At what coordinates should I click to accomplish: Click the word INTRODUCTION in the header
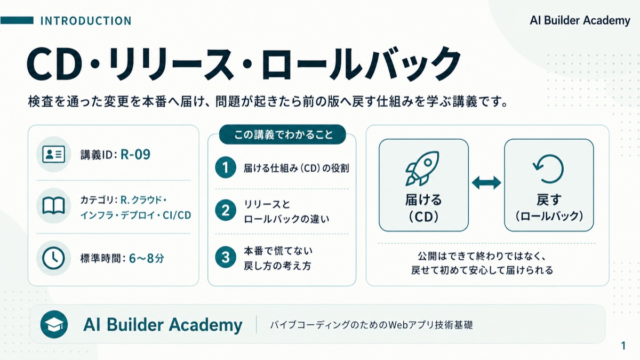86,21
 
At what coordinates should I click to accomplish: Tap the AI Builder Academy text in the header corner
580,21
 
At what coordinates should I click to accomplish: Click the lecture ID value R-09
135,155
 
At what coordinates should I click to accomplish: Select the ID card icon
53,154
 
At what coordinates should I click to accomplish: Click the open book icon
53,206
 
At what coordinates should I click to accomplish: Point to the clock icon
53,258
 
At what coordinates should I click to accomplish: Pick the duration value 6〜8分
147,258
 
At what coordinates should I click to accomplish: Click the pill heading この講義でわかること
283,134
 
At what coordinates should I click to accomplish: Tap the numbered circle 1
226,167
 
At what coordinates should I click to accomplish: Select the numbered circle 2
226,210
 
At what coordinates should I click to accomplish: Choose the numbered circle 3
226,257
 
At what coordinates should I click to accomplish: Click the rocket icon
422,169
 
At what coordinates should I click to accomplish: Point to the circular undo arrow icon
549,169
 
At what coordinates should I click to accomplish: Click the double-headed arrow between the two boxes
486,183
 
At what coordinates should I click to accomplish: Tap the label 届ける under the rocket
423,199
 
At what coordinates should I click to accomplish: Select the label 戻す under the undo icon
549,199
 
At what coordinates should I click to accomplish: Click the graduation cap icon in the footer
54,325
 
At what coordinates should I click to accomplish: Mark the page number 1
623,346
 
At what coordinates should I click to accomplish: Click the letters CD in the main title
55,64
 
